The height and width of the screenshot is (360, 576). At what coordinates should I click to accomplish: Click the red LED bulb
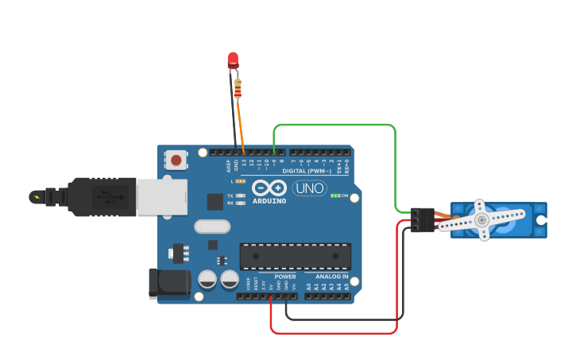[233, 60]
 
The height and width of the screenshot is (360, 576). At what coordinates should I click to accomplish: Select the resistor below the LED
[238, 91]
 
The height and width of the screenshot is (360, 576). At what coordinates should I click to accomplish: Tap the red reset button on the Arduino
[176, 161]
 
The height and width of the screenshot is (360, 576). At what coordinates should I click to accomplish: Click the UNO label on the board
[309, 188]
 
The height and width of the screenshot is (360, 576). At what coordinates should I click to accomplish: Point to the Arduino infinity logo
[269, 188]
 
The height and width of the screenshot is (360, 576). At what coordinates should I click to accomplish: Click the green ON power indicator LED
[335, 195]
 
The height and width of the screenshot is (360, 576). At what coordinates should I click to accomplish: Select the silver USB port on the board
[161, 196]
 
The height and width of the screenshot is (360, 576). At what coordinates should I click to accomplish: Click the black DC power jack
[169, 284]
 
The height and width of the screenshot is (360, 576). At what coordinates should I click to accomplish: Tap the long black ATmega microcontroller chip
[295, 256]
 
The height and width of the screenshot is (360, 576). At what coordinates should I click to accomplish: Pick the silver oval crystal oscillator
[212, 226]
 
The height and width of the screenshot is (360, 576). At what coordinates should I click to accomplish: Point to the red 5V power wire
[334, 332]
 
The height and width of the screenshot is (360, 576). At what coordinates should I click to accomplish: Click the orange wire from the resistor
[240, 123]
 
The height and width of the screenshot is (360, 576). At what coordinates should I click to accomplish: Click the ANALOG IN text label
[332, 277]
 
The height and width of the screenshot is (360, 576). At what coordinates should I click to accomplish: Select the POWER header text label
[285, 277]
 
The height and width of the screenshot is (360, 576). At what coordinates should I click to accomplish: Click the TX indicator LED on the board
[240, 195]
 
